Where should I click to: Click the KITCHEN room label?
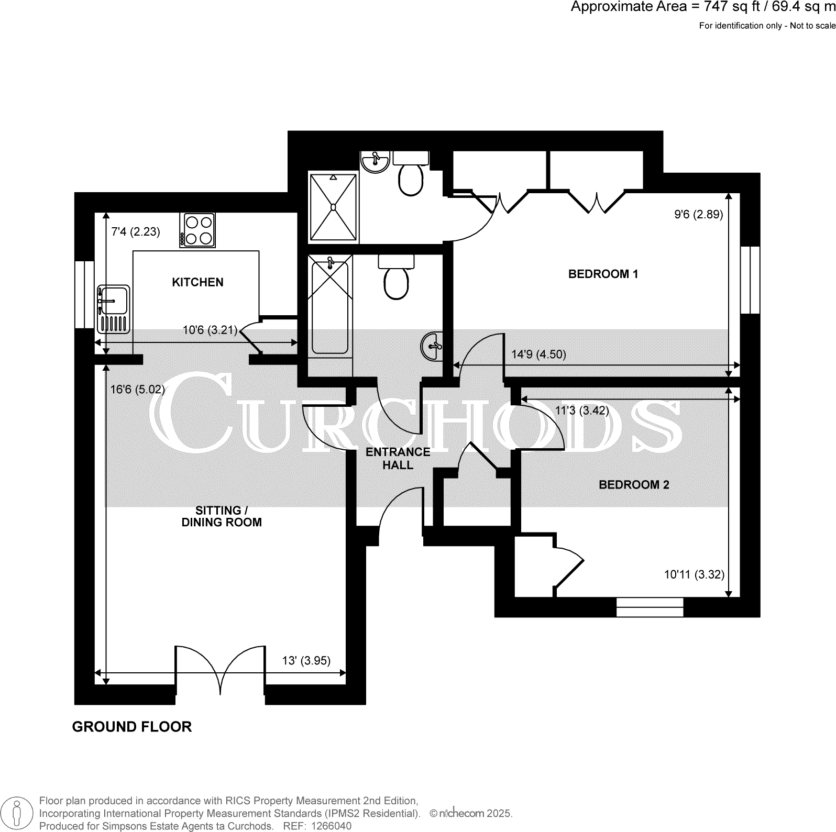[197, 282]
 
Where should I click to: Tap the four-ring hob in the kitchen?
[197, 230]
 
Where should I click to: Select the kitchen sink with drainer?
[113, 309]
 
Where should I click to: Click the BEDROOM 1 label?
[603, 274]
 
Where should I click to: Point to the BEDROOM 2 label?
[634, 485]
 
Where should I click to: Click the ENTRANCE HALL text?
[398, 458]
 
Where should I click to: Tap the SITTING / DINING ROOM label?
[221, 516]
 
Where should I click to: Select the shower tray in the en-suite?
[333, 207]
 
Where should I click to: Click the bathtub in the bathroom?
[329, 307]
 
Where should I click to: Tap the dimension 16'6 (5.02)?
[137, 390]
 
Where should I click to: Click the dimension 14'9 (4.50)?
[538, 354]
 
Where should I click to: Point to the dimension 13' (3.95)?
[306, 661]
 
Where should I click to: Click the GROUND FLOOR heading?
[131, 727]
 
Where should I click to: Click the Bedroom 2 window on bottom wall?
[650, 607]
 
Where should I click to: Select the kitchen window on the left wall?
[84, 295]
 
